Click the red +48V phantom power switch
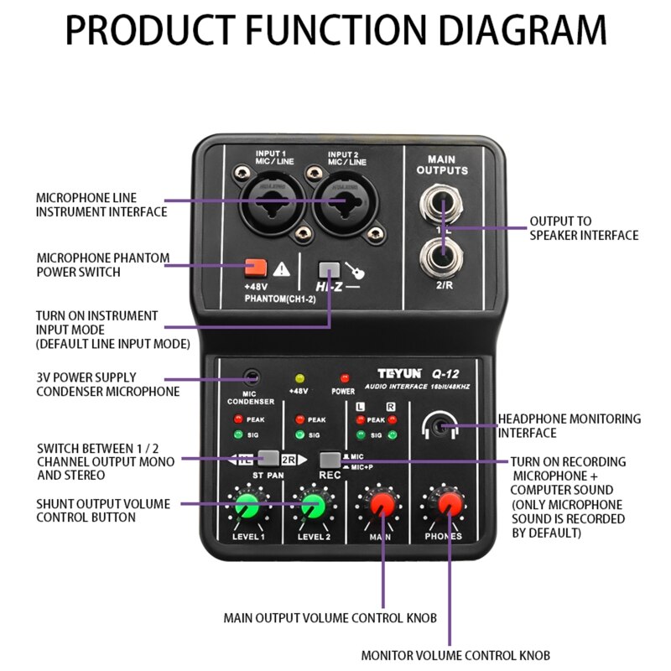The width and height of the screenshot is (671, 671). (x=255, y=268)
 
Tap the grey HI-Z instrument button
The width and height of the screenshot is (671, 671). (x=330, y=270)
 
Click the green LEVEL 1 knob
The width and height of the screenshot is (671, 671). (x=247, y=507)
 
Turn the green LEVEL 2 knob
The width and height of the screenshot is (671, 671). (x=313, y=507)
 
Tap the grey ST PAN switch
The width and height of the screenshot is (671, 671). (x=268, y=458)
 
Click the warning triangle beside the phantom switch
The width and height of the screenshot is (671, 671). (x=282, y=268)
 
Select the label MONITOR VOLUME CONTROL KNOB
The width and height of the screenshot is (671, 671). (x=456, y=655)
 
